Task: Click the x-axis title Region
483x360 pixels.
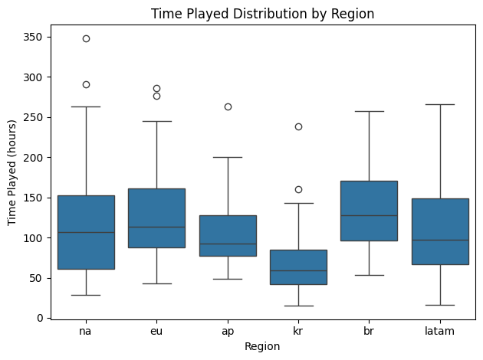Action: pos(263,346)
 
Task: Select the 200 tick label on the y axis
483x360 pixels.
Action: pos(33,157)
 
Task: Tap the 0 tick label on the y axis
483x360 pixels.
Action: pos(38,317)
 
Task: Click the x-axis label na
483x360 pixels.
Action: pos(86,331)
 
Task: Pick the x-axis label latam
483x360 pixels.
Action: pos(440,331)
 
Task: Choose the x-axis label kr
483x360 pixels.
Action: pos(298,331)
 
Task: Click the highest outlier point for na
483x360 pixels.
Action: pos(86,38)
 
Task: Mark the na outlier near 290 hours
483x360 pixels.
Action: pos(86,84)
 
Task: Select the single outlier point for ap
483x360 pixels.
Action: pos(228,106)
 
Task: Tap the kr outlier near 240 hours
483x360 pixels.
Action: pos(298,126)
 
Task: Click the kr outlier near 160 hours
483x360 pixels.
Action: pos(298,189)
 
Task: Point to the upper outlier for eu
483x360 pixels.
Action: pos(156,88)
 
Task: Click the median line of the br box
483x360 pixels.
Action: pos(369,215)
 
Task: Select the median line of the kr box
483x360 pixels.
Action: pos(298,270)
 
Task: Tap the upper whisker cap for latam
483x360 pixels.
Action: pos(440,104)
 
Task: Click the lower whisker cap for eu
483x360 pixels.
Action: pos(156,283)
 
